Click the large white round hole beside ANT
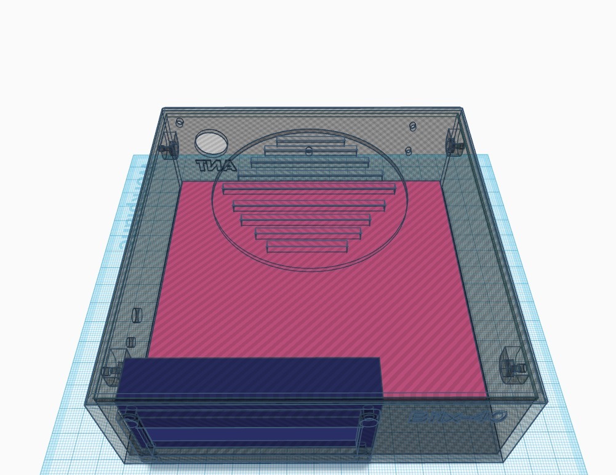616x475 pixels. tap(210, 142)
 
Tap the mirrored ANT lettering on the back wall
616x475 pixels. tap(215, 166)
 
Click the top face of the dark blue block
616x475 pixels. tap(249, 375)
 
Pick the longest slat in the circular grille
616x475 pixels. tap(309, 188)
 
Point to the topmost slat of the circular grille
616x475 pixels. tap(310, 142)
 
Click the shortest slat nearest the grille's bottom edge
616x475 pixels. tap(307, 247)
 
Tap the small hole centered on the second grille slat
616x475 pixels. tap(309, 151)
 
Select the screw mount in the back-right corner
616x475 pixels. tap(454, 144)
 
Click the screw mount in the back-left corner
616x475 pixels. tap(167, 148)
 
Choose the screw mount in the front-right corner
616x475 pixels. tap(512, 365)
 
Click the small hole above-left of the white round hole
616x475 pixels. tap(180, 122)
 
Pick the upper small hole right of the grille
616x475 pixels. tap(413, 126)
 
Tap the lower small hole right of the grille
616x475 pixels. tap(409, 151)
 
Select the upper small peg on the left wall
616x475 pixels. tap(137, 315)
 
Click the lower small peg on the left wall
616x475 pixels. tap(130, 342)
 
